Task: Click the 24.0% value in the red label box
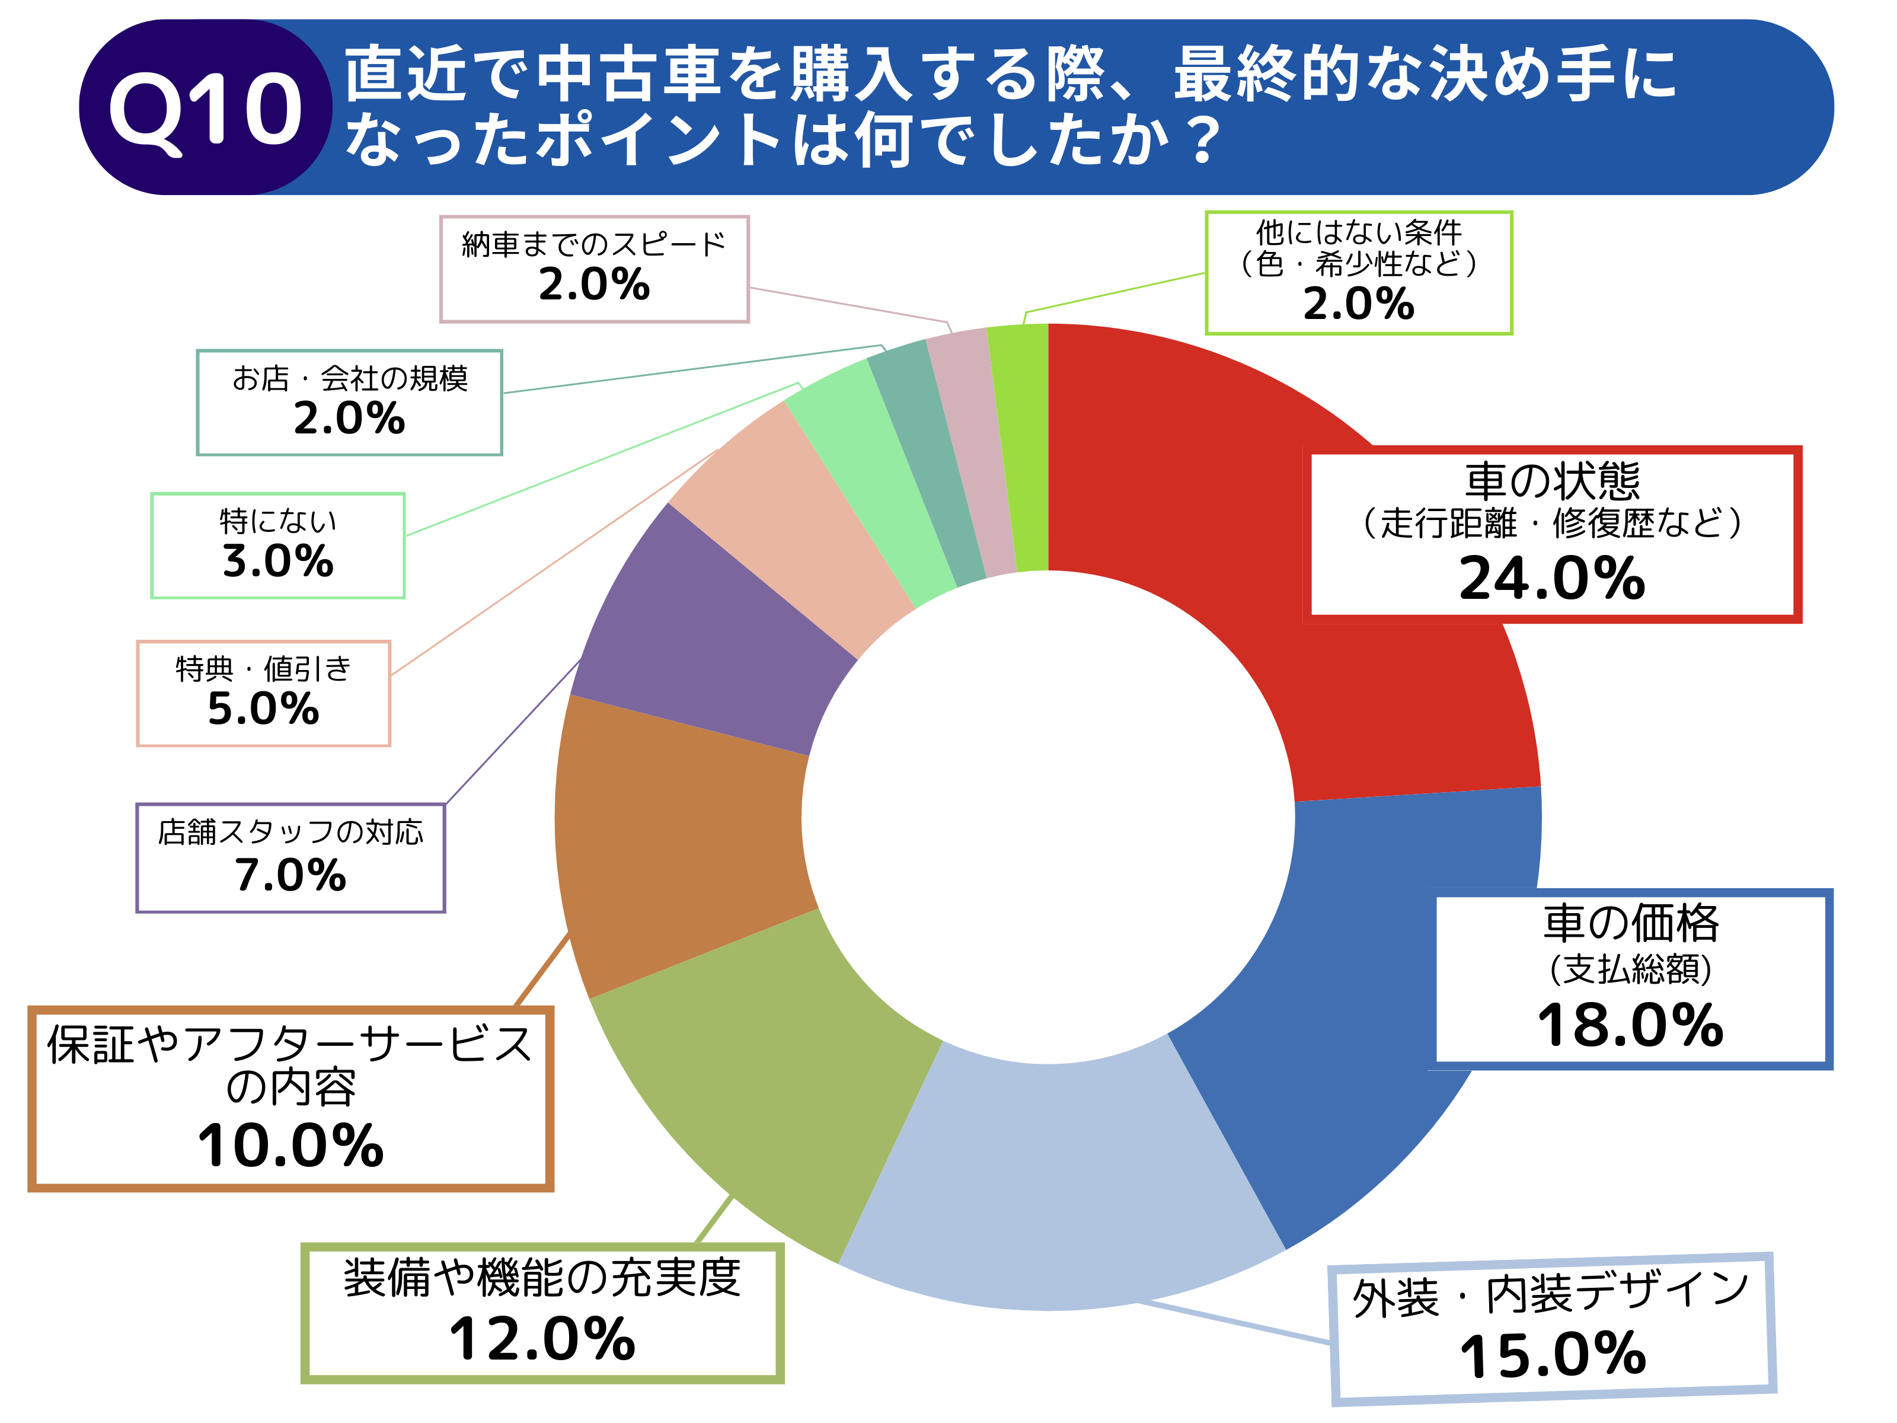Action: coord(1552,579)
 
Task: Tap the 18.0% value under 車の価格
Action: coord(1630,1025)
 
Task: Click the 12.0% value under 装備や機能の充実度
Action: coord(542,1340)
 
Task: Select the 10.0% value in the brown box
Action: coord(290,1146)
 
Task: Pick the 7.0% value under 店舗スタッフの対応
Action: coord(290,876)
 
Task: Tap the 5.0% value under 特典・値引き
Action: coord(263,709)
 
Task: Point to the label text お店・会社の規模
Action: coord(350,378)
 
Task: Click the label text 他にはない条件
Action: coord(1359,232)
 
